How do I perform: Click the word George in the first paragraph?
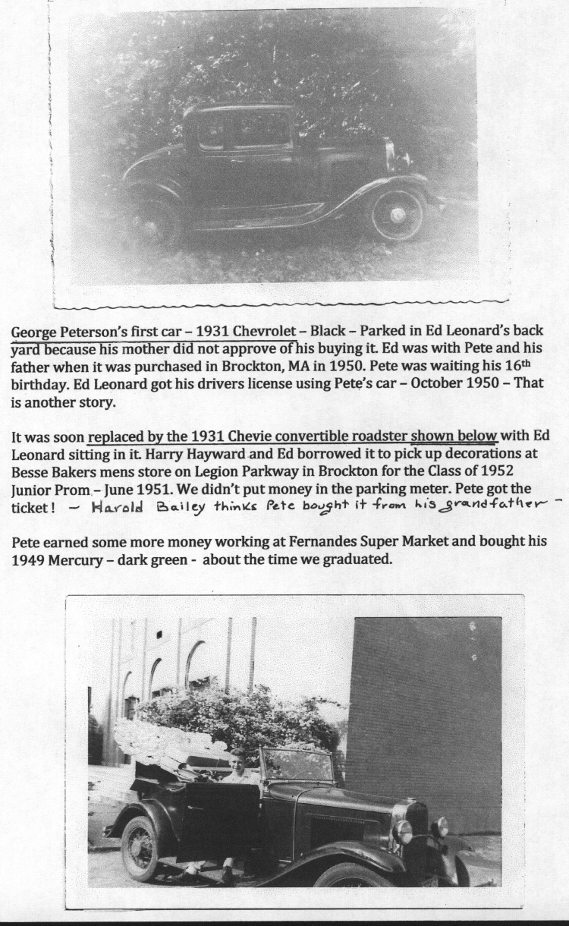tap(34, 332)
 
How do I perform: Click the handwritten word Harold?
tap(120, 508)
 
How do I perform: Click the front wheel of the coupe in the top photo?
tap(398, 215)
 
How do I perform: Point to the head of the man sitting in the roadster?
tap(237, 759)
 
